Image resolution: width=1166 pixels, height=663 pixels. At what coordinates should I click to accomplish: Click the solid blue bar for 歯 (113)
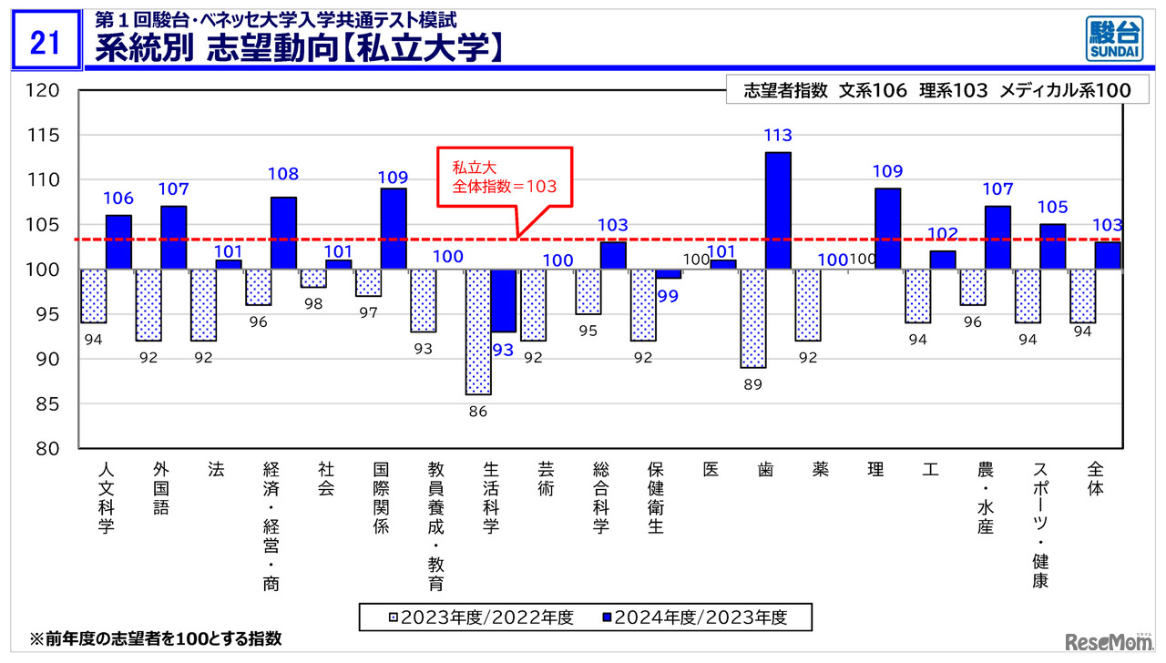778,210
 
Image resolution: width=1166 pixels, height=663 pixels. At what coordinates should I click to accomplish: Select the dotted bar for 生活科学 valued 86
478,331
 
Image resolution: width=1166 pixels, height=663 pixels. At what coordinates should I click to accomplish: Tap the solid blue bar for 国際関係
394,229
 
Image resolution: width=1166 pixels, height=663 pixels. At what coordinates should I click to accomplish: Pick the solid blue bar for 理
887,229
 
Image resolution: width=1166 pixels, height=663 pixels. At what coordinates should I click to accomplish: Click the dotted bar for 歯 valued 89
753,318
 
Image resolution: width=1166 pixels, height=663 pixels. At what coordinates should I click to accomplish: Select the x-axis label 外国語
161,488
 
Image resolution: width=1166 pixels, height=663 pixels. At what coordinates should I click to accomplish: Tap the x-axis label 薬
821,470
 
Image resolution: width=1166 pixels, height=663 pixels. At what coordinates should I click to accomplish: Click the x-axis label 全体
1095,479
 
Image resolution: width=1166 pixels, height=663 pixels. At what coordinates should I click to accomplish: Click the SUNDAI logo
1113,39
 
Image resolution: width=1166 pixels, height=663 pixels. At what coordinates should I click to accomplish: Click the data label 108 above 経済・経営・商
283,174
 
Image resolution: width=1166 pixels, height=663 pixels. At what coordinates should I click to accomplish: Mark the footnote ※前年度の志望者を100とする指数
156,638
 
